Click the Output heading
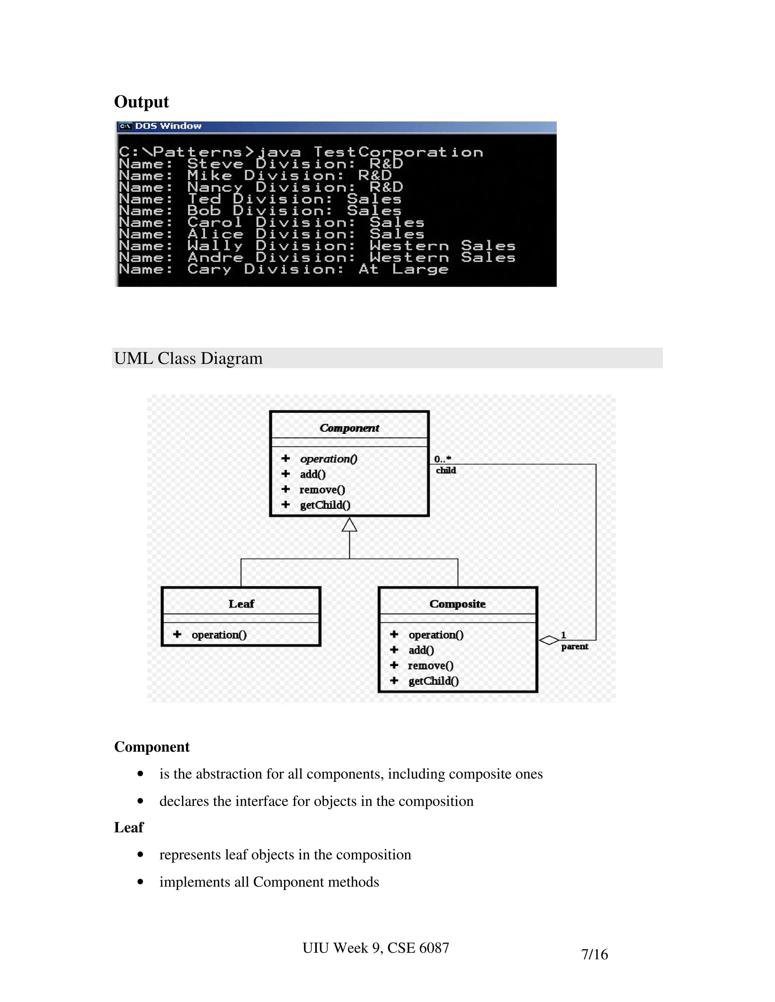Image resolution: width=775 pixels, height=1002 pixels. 142,102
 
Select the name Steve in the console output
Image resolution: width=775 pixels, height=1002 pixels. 215,164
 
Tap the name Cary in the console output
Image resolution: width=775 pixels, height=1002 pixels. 209,269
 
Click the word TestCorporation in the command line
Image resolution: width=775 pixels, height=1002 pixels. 398,152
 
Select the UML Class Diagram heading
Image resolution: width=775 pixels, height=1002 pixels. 188,358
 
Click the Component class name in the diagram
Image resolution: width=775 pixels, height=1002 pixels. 349,428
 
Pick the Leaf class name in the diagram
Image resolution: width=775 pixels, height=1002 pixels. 241,604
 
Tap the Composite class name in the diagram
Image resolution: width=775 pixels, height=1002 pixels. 457,604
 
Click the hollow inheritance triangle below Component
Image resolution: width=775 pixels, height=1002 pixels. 349,525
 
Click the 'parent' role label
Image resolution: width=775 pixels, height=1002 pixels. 574,647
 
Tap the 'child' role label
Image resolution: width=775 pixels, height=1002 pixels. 446,470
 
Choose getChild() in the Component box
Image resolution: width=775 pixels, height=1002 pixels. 325,505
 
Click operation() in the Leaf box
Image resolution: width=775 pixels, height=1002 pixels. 219,635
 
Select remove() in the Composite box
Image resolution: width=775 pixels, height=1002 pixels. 431,666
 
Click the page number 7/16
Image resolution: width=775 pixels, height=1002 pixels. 594,954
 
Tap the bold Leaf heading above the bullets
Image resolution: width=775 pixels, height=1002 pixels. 129,828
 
